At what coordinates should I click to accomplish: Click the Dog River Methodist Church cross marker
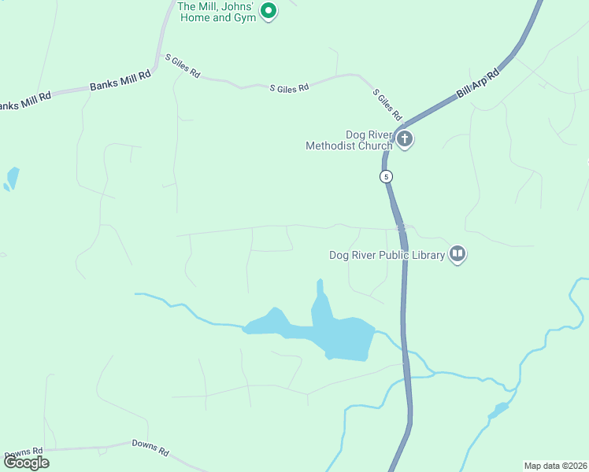click(405, 140)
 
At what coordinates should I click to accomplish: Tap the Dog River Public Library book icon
click(457, 253)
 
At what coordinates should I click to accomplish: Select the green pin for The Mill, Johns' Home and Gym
click(269, 11)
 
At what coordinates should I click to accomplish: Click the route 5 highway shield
click(386, 177)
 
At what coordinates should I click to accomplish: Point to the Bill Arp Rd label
click(478, 85)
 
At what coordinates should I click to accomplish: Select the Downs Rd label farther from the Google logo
click(150, 448)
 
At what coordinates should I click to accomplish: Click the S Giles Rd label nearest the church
click(387, 105)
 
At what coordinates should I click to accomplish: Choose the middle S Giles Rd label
click(289, 89)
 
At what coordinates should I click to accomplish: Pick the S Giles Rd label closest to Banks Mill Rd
click(182, 66)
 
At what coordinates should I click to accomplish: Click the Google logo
click(26, 462)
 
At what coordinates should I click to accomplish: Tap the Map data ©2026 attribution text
click(555, 465)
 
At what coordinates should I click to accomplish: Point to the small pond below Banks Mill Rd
click(11, 179)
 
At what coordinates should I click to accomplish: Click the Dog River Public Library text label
click(387, 254)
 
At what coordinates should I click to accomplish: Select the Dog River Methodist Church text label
click(348, 140)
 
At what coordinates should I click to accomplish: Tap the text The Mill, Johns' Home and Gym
click(218, 12)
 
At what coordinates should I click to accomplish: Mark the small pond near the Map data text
click(498, 410)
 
